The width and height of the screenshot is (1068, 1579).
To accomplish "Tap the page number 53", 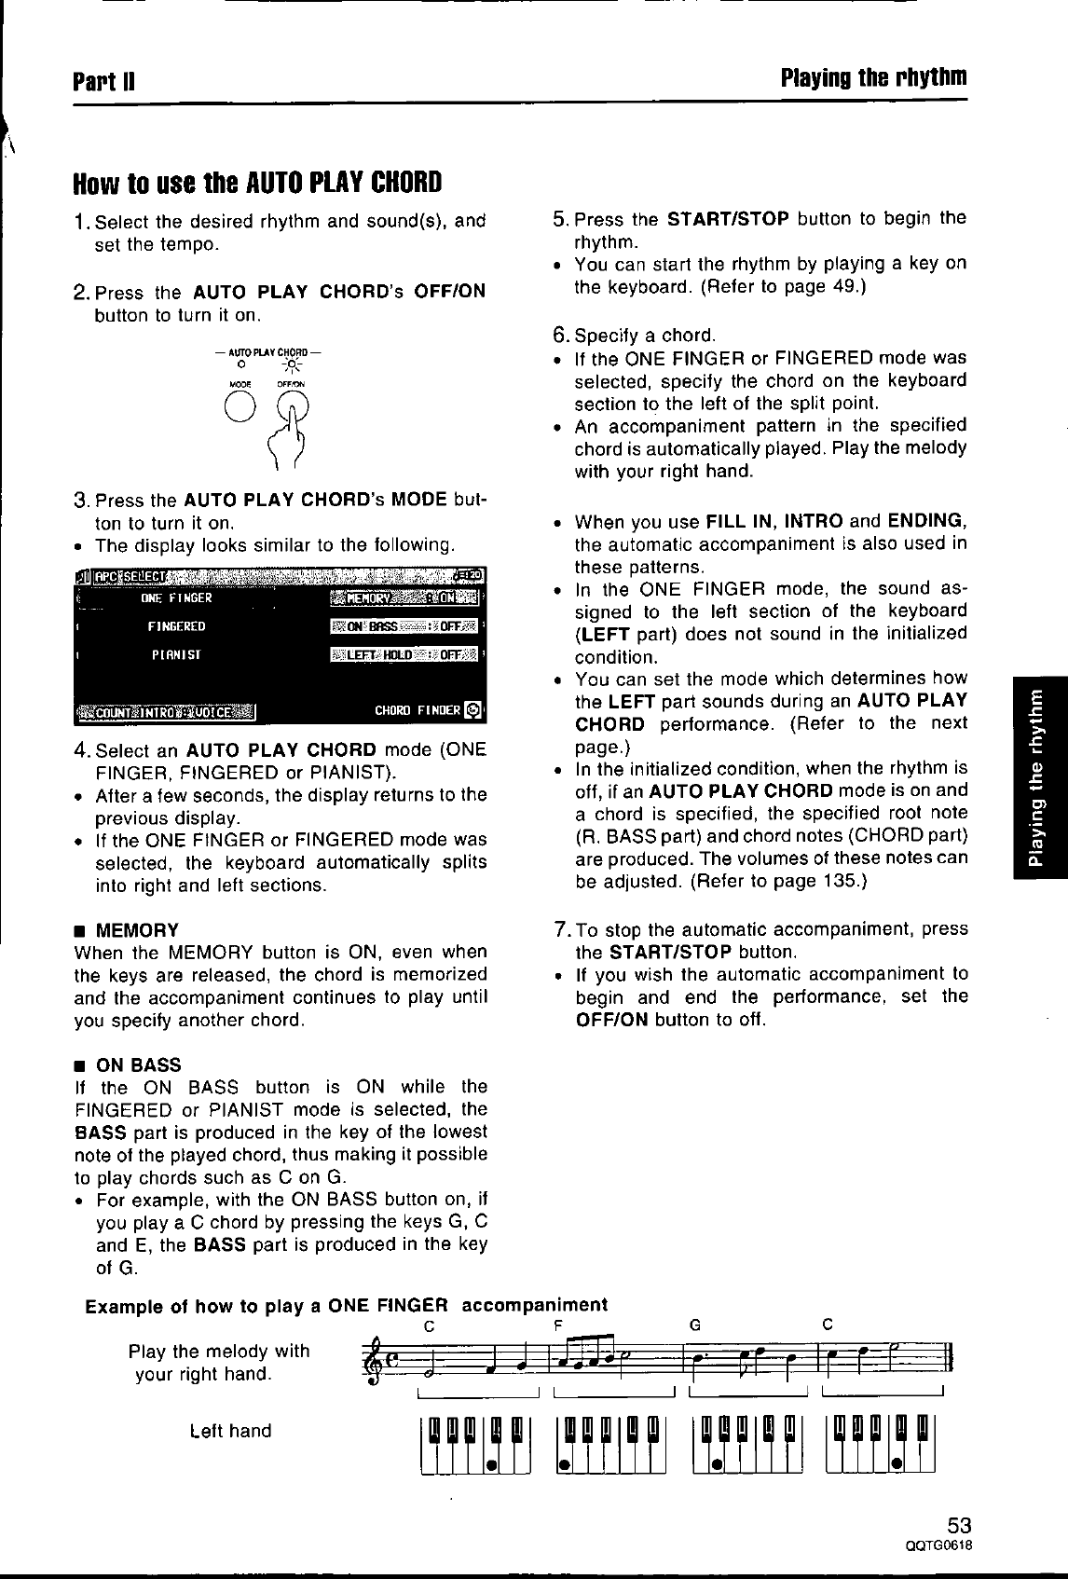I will (x=959, y=1525).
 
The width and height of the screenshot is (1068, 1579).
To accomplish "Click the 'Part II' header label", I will (x=105, y=76).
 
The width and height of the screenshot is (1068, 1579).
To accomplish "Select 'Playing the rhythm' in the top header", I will (x=873, y=76).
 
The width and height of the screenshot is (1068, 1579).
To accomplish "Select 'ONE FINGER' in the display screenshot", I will (x=176, y=597).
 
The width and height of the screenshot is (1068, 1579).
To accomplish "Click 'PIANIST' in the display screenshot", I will (x=176, y=653).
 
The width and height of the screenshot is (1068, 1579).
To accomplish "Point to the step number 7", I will (x=560, y=929).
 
